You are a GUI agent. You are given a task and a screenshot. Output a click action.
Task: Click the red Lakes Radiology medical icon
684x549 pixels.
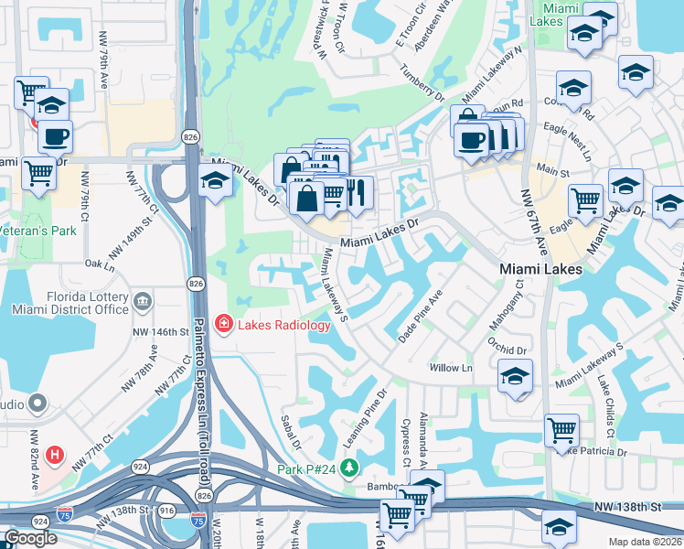pos(222,324)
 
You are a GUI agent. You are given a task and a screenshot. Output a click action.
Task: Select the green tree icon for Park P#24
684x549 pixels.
pos(348,468)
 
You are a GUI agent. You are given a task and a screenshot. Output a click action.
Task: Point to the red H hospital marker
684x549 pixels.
pos(55,454)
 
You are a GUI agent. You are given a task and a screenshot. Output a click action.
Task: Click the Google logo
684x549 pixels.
pos(30,538)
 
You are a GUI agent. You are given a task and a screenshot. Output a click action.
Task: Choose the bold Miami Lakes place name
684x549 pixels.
pos(540,269)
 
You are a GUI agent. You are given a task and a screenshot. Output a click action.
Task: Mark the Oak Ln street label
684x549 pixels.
pos(99,264)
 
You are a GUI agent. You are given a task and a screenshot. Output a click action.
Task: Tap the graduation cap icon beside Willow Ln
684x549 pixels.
pos(516,376)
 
